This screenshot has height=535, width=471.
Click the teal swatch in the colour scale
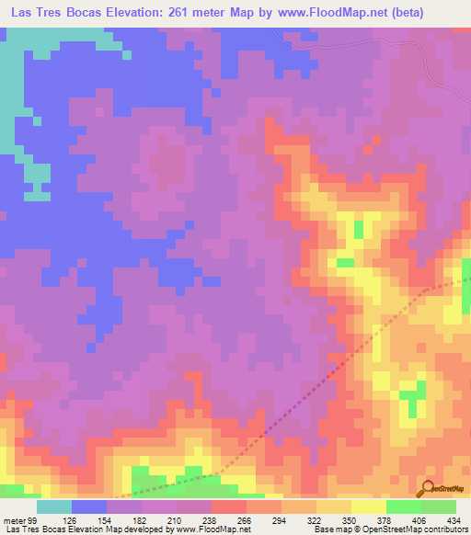[x=54, y=506]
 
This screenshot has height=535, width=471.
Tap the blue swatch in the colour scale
[x=89, y=506]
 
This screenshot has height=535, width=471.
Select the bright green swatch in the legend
[x=404, y=506]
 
